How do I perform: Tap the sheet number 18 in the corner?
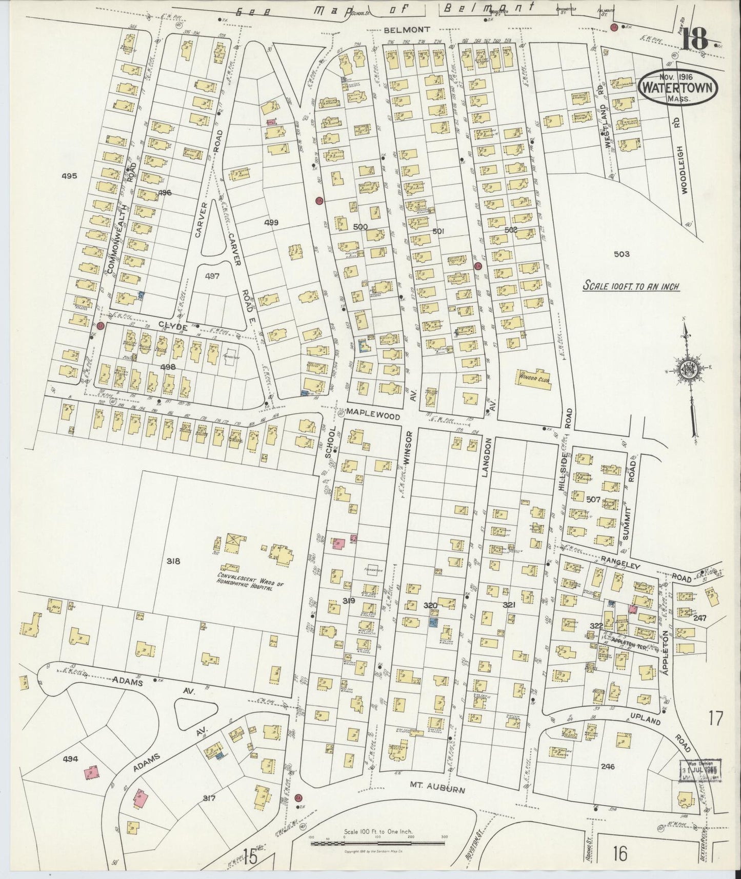695,38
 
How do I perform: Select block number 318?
173,561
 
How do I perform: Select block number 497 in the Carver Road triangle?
212,276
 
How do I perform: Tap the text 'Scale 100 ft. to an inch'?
630,286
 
